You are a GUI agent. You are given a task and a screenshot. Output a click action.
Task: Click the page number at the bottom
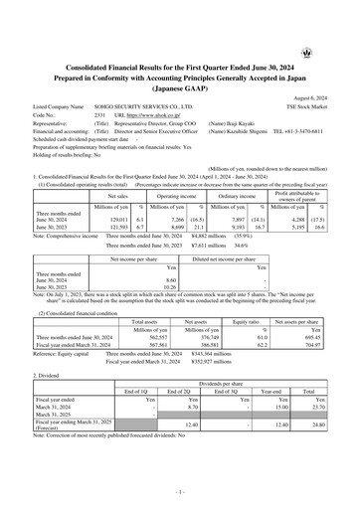click(179, 492)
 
